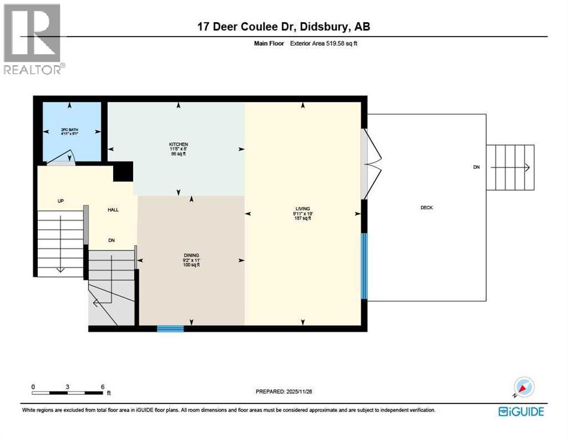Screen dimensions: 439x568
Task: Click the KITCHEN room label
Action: (x=178, y=144)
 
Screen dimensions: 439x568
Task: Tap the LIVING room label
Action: (x=302, y=209)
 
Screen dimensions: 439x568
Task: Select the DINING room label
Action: (x=191, y=256)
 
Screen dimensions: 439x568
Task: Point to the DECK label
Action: (x=426, y=207)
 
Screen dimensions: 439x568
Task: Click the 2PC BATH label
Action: (x=69, y=130)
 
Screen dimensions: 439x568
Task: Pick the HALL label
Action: (x=113, y=210)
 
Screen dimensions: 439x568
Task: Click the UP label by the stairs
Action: (x=59, y=201)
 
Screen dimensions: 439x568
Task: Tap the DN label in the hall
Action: (x=111, y=241)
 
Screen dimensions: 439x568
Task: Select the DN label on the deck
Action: (x=476, y=167)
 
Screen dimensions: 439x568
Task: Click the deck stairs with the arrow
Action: (x=510, y=167)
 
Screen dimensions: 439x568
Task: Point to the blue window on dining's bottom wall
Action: (x=170, y=328)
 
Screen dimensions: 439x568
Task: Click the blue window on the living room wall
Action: (x=363, y=266)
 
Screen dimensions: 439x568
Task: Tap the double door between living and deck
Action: (x=370, y=164)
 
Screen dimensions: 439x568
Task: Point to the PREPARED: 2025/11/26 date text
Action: (x=284, y=392)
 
